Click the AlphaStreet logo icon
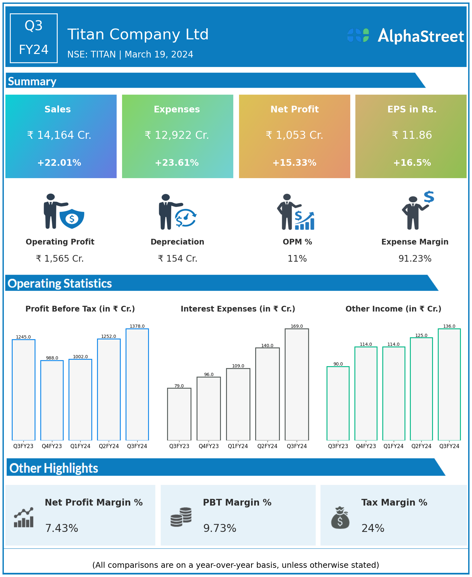click(358, 35)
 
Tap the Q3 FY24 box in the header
click(34, 38)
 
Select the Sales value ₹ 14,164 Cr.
click(59, 135)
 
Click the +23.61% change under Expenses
click(177, 163)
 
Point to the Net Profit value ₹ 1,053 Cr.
click(294, 135)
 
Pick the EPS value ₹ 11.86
click(412, 135)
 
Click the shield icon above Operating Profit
click(72, 218)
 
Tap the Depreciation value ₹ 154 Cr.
click(178, 259)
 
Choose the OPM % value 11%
click(297, 259)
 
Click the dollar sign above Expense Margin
click(429, 197)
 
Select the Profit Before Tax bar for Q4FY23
click(52, 400)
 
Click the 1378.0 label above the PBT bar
click(137, 326)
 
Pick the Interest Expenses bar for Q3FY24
click(297, 384)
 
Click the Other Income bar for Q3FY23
click(338, 403)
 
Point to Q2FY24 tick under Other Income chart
click(421, 446)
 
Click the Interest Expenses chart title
click(238, 309)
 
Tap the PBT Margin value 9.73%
click(220, 528)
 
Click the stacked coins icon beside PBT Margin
click(181, 517)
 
